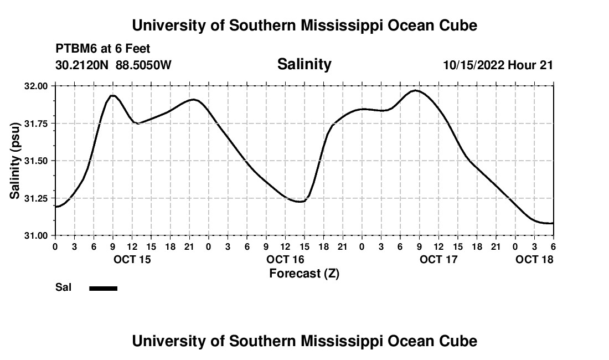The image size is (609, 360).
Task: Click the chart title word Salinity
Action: tap(304, 64)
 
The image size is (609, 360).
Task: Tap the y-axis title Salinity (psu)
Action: tap(15, 161)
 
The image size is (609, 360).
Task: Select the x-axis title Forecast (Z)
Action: tap(304, 274)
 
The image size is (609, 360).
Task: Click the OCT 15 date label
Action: tap(131, 259)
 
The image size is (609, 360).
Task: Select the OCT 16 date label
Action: tap(285, 259)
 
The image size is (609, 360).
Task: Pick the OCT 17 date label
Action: tap(438, 259)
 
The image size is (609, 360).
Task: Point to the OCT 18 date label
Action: tap(534, 259)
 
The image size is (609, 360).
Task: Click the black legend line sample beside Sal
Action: tap(104, 288)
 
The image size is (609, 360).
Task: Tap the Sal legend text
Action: tap(63, 287)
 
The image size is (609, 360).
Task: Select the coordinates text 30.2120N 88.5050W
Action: tap(113, 65)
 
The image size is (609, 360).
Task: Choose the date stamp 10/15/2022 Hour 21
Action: tap(498, 65)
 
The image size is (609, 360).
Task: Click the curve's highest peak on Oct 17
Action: tap(416, 90)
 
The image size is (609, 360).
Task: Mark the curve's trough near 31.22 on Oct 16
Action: tap(300, 202)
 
